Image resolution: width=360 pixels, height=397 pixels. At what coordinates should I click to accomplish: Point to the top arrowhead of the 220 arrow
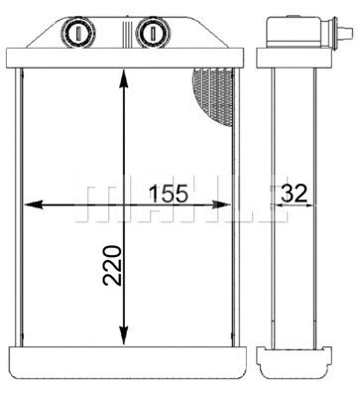(x=123, y=77)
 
